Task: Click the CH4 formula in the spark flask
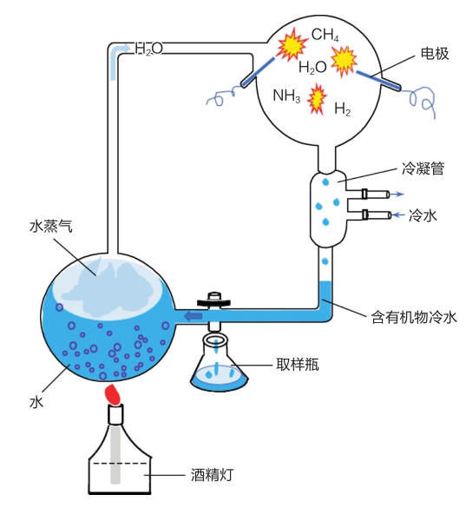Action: pos(325,35)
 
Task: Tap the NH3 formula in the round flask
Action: pos(286,96)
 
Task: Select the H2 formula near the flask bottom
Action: pos(342,109)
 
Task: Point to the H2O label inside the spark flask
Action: pos(312,68)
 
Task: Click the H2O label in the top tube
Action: pos(148,49)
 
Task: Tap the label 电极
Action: pos(435,53)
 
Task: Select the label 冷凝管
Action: pos(423,168)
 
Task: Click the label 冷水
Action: pos(423,215)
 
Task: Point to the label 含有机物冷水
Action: pos(414,317)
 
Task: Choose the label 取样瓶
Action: pos(297,364)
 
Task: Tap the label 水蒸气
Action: pos(51,226)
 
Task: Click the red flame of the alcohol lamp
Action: pos(113,394)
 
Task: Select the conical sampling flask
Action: pos(220,365)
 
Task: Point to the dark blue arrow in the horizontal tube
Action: pos(193,316)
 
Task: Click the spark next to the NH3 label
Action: pos(317,99)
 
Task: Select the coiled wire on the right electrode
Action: pos(419,101)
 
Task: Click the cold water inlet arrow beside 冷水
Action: pos(397,214)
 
